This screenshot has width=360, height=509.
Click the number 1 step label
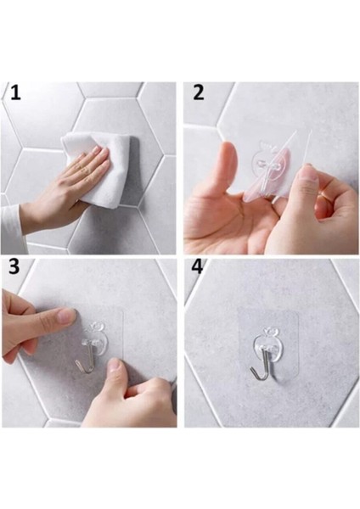(x=14, y=92)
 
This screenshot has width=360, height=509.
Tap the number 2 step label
(x=199, y=92)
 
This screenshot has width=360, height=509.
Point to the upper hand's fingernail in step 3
(x=66, y=316)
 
